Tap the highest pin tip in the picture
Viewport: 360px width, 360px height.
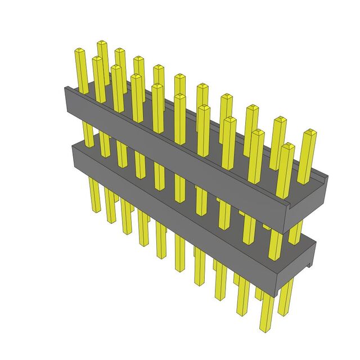(102, 43)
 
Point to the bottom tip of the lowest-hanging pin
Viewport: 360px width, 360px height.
(263, 328)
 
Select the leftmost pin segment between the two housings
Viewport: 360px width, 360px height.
(89, 135)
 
